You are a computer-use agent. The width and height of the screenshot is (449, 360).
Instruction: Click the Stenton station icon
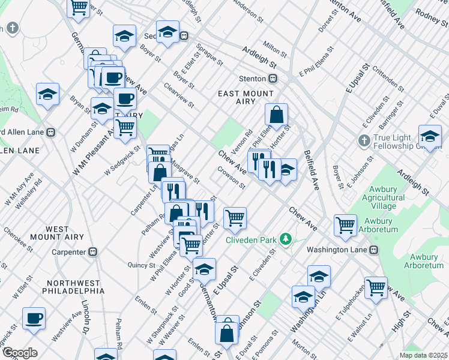pyautogui.click(x=273, y=79)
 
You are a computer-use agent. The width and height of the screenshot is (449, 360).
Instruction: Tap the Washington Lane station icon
pyautogui.click(x=374, y=250)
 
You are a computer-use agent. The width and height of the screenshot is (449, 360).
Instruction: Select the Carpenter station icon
pyautogui.click(x=93, y=252)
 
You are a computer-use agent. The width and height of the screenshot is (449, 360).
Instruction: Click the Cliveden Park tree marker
pyautogui.click(x=286, y=240)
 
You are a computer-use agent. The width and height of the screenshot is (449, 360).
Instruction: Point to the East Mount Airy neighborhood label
pyautogui.click(x=246, y=98)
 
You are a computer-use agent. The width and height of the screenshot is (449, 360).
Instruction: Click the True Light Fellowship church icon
pyautogui.click(x=363, y=141)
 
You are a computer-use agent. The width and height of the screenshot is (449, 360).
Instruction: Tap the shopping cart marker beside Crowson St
pyautogui.click(x=235, y=218)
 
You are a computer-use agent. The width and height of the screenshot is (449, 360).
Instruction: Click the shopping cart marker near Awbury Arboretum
pyautogui.click(x=345, y=225)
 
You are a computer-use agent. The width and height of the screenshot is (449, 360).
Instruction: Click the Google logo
pyautogui.click(x=20, y=353)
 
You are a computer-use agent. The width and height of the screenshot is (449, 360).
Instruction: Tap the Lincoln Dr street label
pyautogui.click(x=85, y=317)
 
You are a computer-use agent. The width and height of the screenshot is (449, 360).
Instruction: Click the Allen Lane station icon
pyautogui.click(x=51, y=133)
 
